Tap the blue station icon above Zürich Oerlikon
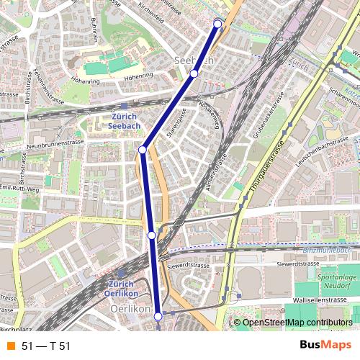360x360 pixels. point(120,274)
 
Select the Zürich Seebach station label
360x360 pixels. point(125,121)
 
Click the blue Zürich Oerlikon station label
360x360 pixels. point(120,289)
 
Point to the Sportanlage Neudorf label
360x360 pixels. point(337,280)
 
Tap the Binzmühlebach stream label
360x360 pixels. point(328,250)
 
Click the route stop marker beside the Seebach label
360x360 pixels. point(194,73)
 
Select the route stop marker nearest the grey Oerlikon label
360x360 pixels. point(158,315)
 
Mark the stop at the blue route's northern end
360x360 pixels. point(218,24)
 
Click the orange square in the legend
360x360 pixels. point(10,346)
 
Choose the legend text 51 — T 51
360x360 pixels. point(46,346)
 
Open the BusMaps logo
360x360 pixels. point(325,346)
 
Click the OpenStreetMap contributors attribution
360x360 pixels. point(296,322)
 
